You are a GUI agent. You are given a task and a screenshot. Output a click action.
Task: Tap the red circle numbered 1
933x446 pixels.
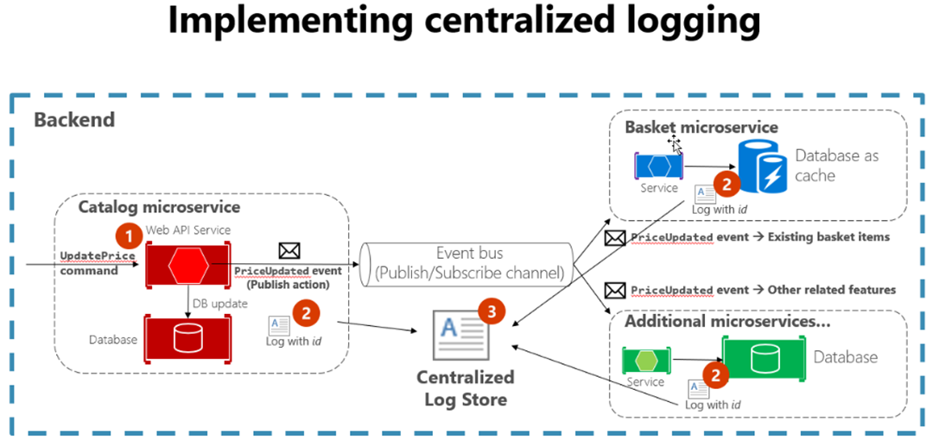[129, 234]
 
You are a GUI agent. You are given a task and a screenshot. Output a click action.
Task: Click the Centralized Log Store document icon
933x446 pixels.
[457, 336]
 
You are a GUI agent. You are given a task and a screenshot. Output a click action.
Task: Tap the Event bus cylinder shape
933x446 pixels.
[467, 262]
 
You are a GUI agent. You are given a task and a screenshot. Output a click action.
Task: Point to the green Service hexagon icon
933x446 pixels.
[644, 359]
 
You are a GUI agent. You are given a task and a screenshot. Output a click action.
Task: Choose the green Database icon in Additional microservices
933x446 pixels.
[762, 358]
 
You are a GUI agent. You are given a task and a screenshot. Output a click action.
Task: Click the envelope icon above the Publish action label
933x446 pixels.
[289, 251]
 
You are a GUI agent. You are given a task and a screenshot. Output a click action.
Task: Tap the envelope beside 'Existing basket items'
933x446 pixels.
[615, 237]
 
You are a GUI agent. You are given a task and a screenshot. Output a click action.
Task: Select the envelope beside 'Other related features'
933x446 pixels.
[615, 290]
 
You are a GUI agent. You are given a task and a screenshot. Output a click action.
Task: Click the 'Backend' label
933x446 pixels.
[74, 120]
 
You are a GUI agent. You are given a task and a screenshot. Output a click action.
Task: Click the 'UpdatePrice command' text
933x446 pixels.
[89, 264]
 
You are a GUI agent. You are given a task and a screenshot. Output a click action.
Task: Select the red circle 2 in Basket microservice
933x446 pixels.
[727, 184]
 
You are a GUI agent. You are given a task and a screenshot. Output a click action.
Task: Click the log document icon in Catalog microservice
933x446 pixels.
[279, 325]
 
